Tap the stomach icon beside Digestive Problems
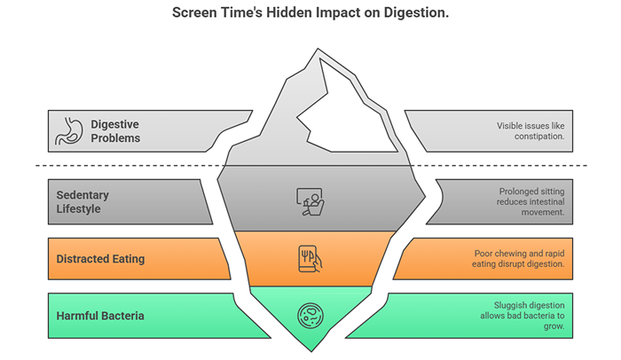pyautogui.click(x=68, y=129)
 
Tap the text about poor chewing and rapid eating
pyautogui.click(x=518, y=259)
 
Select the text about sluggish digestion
pyautogui.click(x=523, y=316)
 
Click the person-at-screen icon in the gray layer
pyautogui.click(x=310, y=202)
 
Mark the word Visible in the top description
pyautogui.click(x=514, y=126)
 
